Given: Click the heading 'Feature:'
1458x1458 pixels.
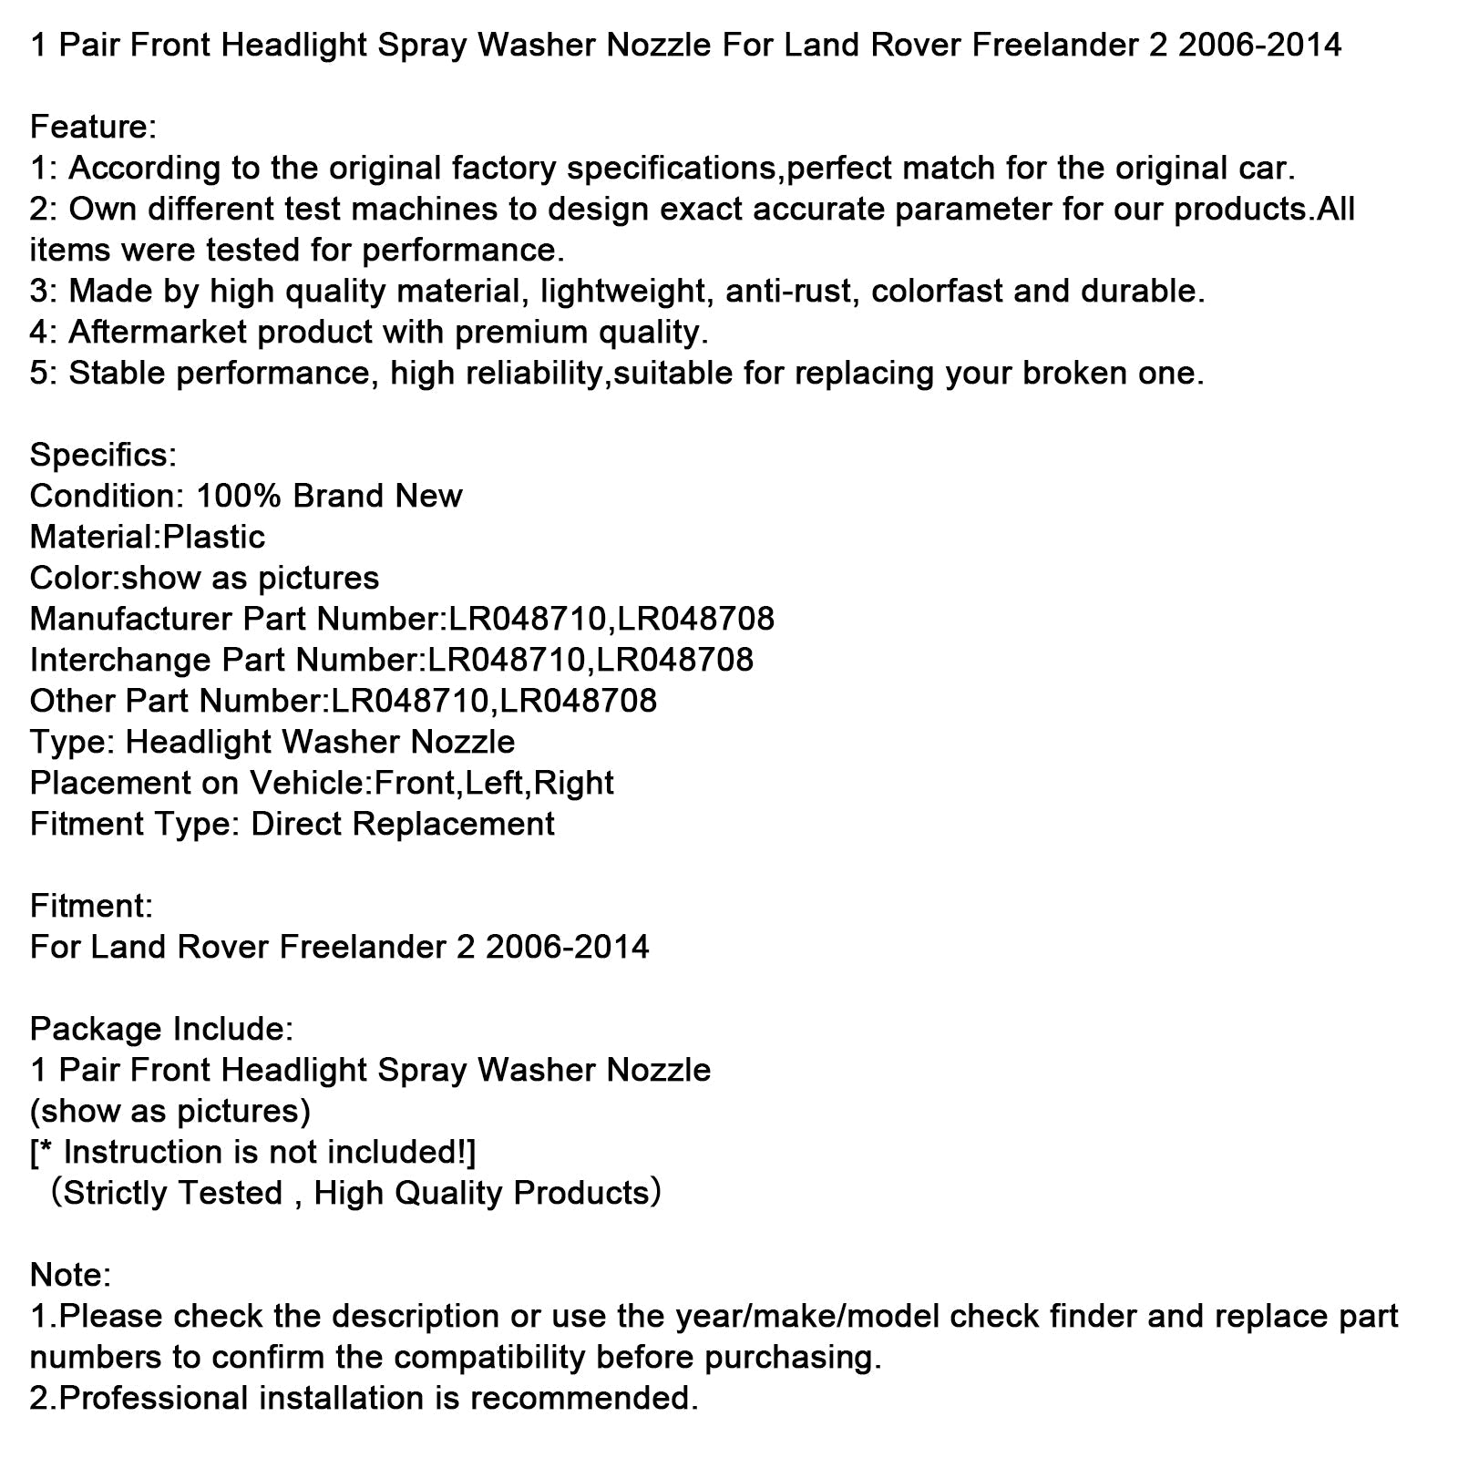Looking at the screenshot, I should pyautogui.click(x=93, y=127).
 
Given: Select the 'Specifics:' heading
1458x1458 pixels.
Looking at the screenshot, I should pyautogui.click(x=103, y=455).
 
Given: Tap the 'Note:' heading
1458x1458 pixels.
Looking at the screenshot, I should pyautogui.click(x=70, y=1275).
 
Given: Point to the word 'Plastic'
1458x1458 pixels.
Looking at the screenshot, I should pyautogui.click(x=213, y=537).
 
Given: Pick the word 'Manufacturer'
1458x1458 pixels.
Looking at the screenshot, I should pyautogui.click(x=130, y=619).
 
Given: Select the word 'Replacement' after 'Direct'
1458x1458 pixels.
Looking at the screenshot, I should pyautogui.click(x=453, y=824).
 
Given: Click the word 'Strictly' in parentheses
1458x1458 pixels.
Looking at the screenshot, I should pyautogui.click(x=116, y=1193).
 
